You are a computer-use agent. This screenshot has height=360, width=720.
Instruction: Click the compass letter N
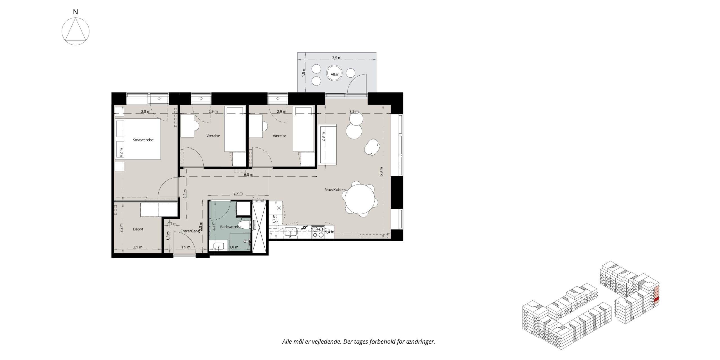click(x=75, y=12)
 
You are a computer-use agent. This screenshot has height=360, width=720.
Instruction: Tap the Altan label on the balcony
click(x=335, y=74)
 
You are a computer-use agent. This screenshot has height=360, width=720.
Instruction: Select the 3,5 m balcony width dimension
click(x=337, y=58)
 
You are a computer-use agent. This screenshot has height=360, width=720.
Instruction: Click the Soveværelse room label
click(x=143, y=140)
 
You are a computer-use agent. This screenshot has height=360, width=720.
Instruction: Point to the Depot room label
click(x=138, y=229)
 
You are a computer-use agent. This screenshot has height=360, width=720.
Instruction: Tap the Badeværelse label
click(x=231, y=227)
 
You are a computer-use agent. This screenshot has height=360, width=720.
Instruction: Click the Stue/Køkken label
click(x=335, y=190)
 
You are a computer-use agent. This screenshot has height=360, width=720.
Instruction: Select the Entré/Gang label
click(x=190, y=231)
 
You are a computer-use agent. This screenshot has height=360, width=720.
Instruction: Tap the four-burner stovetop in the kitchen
click(x=318, y=232)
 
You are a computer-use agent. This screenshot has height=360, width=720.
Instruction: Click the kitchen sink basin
click(x=291, y=231)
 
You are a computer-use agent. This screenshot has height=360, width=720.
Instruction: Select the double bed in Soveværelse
click(x=138, y=139)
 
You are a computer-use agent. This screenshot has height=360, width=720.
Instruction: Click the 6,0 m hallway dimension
click(x=248, y=175)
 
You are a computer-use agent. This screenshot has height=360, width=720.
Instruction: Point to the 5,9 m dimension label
click(x=381, y=172)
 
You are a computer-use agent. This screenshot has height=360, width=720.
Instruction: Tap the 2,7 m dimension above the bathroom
click(x=238, y=193)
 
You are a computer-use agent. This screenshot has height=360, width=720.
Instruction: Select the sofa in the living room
click(x=327, y=145)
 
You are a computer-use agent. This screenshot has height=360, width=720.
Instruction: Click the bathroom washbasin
click(x=219, y=246)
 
